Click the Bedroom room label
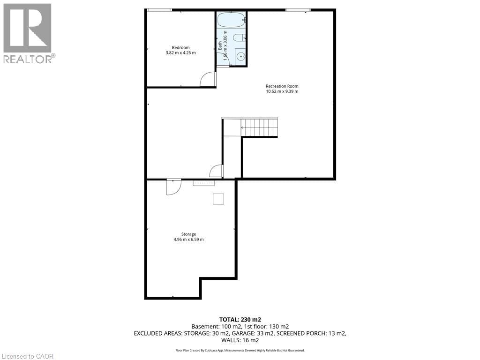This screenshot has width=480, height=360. pyautogui.click(x=180, y=47)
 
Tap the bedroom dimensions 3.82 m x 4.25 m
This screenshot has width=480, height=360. pyautogui.click(x=180, y=53)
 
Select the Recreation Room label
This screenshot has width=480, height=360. pyautogui.click(x=282, y=86)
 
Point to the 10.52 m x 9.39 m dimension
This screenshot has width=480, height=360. pyautogui.click(x=282, y=91)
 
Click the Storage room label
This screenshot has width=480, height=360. pyautogui.click(x=188, y=234)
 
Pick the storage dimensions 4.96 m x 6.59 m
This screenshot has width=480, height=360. pyautogui.click(x=188, y=240)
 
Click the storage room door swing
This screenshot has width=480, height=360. pyautogui.click(x=173, y=187)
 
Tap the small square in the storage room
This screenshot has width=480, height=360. pyautogui.click(x=218, y=199)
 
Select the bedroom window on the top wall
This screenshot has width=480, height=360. pyautogui.click(x=159, y=10)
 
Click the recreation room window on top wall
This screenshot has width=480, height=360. pyautogui.click(x=298, y=10)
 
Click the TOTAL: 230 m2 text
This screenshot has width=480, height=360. pyautogui.click(x=240, y=319)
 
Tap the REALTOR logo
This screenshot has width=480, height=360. pyautogui.click(x=28, y=33)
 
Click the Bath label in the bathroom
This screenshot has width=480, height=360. pyautogui.click(x=220, y=46)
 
